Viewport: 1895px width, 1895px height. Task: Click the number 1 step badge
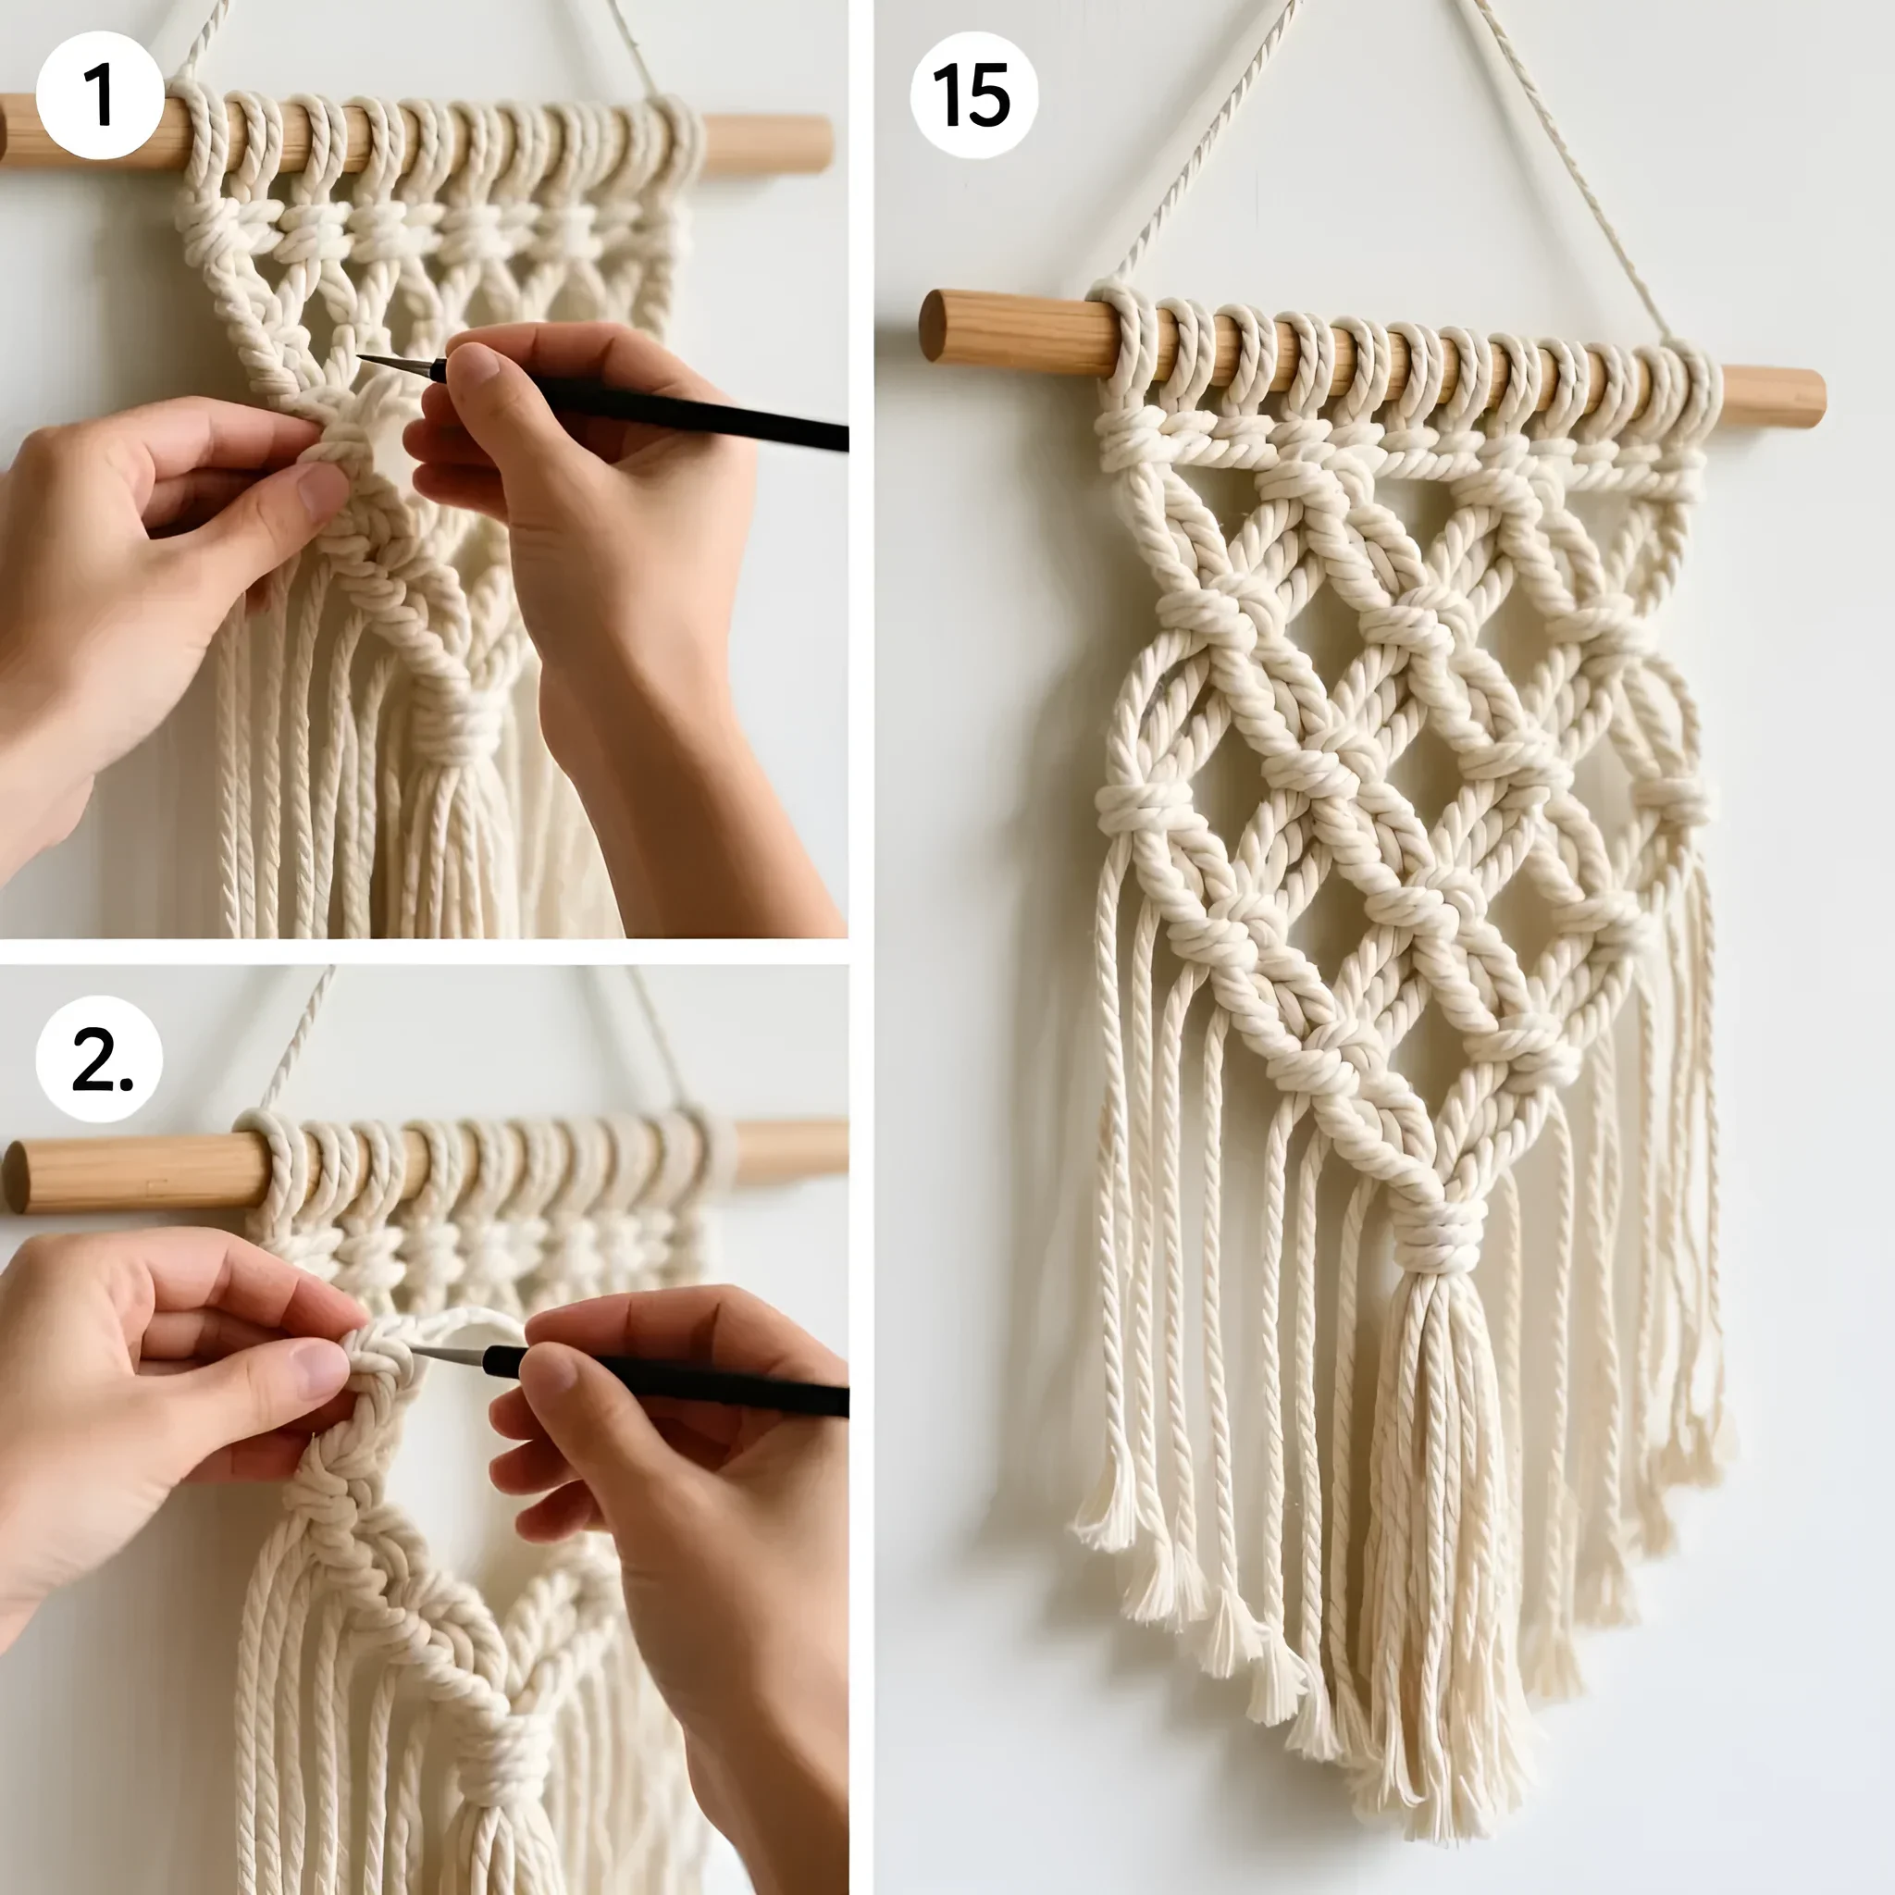[x=100, y=95]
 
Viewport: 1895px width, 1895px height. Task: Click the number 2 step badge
[x=100, y=1059]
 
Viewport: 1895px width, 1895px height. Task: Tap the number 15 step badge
[x=973, y=95]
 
